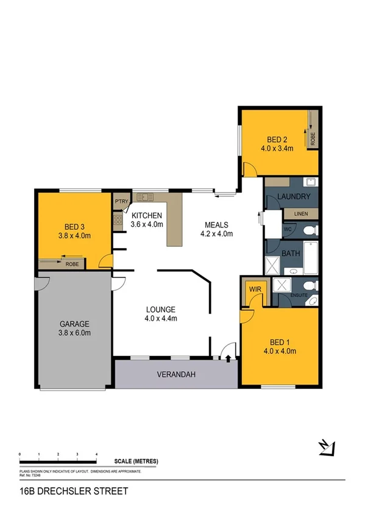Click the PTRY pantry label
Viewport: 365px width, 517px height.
(119, 201)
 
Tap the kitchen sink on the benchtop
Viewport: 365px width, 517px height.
(146, 196)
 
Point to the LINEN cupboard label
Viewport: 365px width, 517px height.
(301, 214)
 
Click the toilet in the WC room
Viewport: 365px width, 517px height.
(309, 230)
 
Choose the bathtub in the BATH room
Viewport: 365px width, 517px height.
(310, 256)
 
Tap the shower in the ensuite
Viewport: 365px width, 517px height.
(282, 286)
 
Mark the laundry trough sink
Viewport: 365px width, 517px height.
(309, 182)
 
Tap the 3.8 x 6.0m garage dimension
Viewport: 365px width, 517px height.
(75, 333)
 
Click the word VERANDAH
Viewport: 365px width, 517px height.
(176, 374)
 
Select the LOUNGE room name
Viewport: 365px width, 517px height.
(161, 308)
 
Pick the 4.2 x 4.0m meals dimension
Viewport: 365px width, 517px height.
(218, 233)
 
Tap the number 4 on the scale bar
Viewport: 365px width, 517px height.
(96, 455)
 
